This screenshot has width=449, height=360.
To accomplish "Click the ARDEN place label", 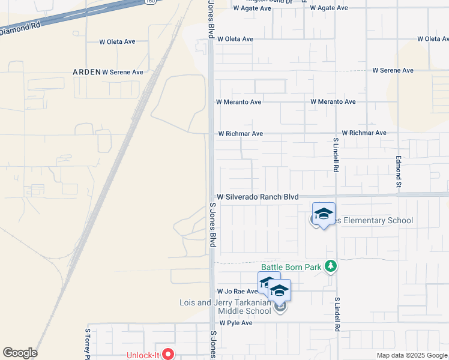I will [86, 71].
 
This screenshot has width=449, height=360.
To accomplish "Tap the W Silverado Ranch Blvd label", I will [258, 197].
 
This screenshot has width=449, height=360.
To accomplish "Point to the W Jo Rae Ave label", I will [237, 291].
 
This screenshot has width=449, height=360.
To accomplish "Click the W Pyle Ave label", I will [236, 323].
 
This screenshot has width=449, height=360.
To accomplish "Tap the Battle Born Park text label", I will [291, 267].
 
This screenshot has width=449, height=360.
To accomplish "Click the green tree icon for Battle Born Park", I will [330, 266].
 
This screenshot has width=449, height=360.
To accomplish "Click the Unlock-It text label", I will [142, 355].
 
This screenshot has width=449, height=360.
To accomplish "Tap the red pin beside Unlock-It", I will [168, 355].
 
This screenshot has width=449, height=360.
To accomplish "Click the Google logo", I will [20, 353].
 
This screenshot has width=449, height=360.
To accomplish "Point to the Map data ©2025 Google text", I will [412, 355].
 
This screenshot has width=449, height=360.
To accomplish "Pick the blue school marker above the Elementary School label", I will [324, 214].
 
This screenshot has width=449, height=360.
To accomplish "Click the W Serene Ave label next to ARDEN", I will [122, 72].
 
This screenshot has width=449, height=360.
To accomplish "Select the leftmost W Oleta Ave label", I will [117, 42].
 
